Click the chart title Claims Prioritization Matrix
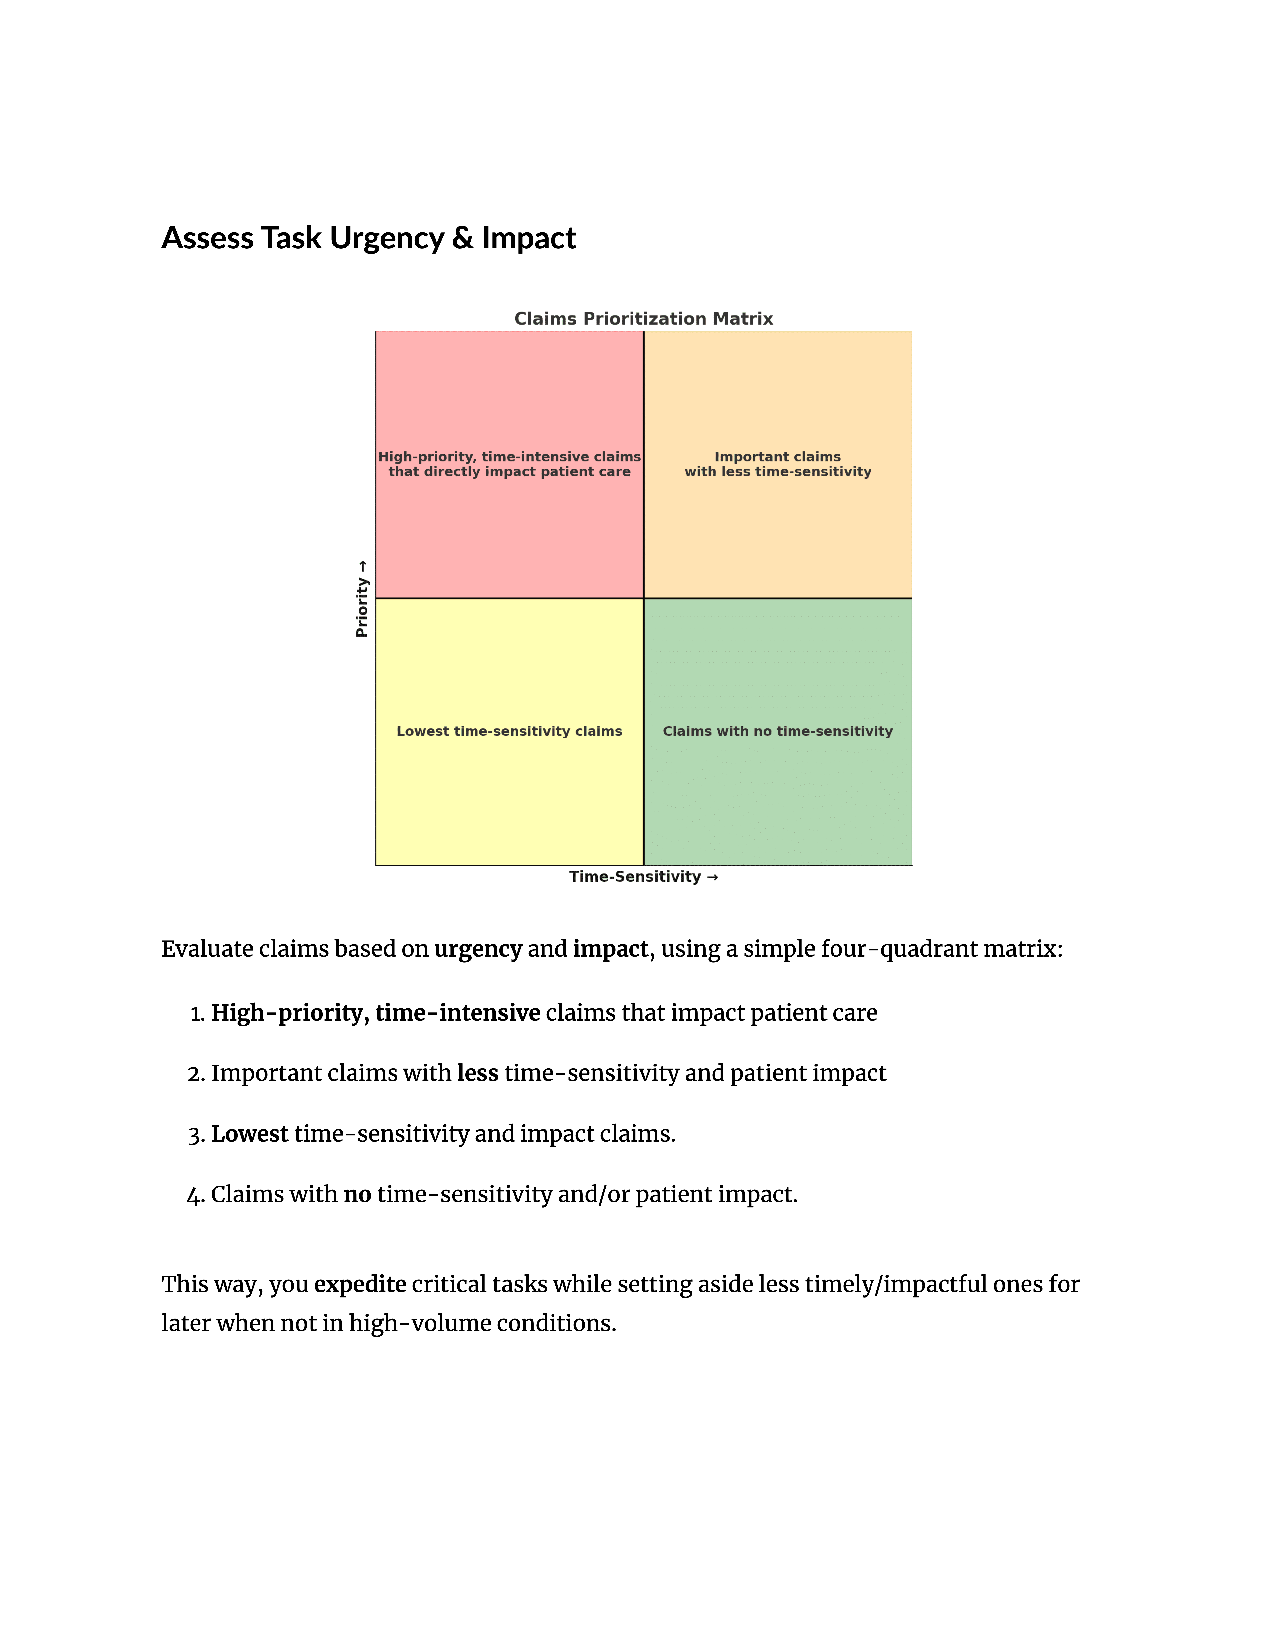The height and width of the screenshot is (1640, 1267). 643,318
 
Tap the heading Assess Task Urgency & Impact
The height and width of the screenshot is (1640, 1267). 368,238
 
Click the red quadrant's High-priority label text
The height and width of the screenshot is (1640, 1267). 509,464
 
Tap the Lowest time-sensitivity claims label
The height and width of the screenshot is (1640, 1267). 509,731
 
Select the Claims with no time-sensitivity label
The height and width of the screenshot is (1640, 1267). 778,731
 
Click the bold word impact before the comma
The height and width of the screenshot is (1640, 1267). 609,949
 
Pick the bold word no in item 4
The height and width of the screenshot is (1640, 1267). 357,1195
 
